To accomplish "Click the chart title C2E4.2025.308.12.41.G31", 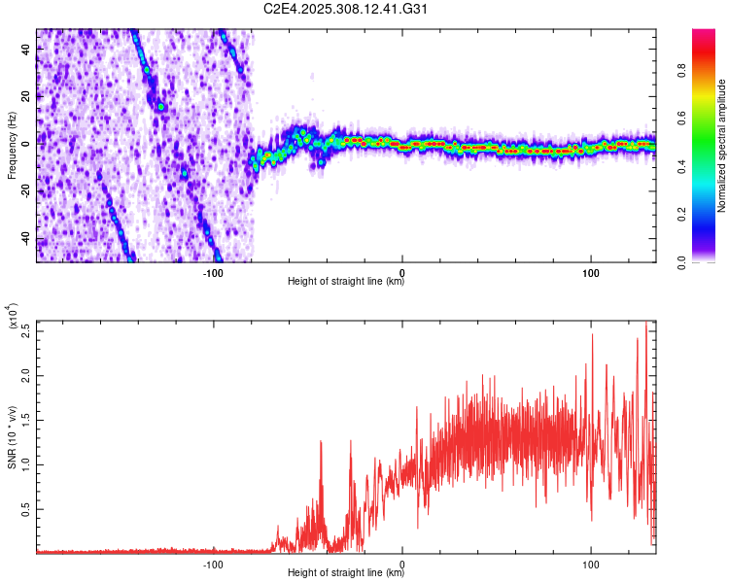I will pyautogui.click(x=346, y=10).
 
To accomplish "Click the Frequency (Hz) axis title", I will pyautogui.click(x=13, y=146).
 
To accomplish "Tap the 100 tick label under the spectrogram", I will pyautogui.click(x=590, y=272).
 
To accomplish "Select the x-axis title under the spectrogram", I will pyautogui.click(x=346, y=283).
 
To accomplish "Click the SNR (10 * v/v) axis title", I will pyautogui.click(x=13, y=436).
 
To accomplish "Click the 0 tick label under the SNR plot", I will pyautogui.click(x=402, y=564).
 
